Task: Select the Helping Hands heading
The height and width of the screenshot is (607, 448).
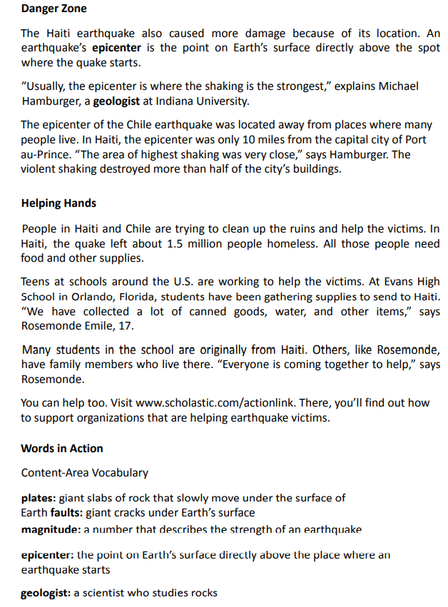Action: click(58, 203)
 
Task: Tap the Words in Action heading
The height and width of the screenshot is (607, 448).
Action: click(62, 449)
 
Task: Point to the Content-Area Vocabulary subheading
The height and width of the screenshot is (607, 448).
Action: click(85, 472)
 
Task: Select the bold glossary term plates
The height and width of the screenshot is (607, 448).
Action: click(38, 497)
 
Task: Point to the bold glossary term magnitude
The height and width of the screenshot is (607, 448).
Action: click(50, 529)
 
